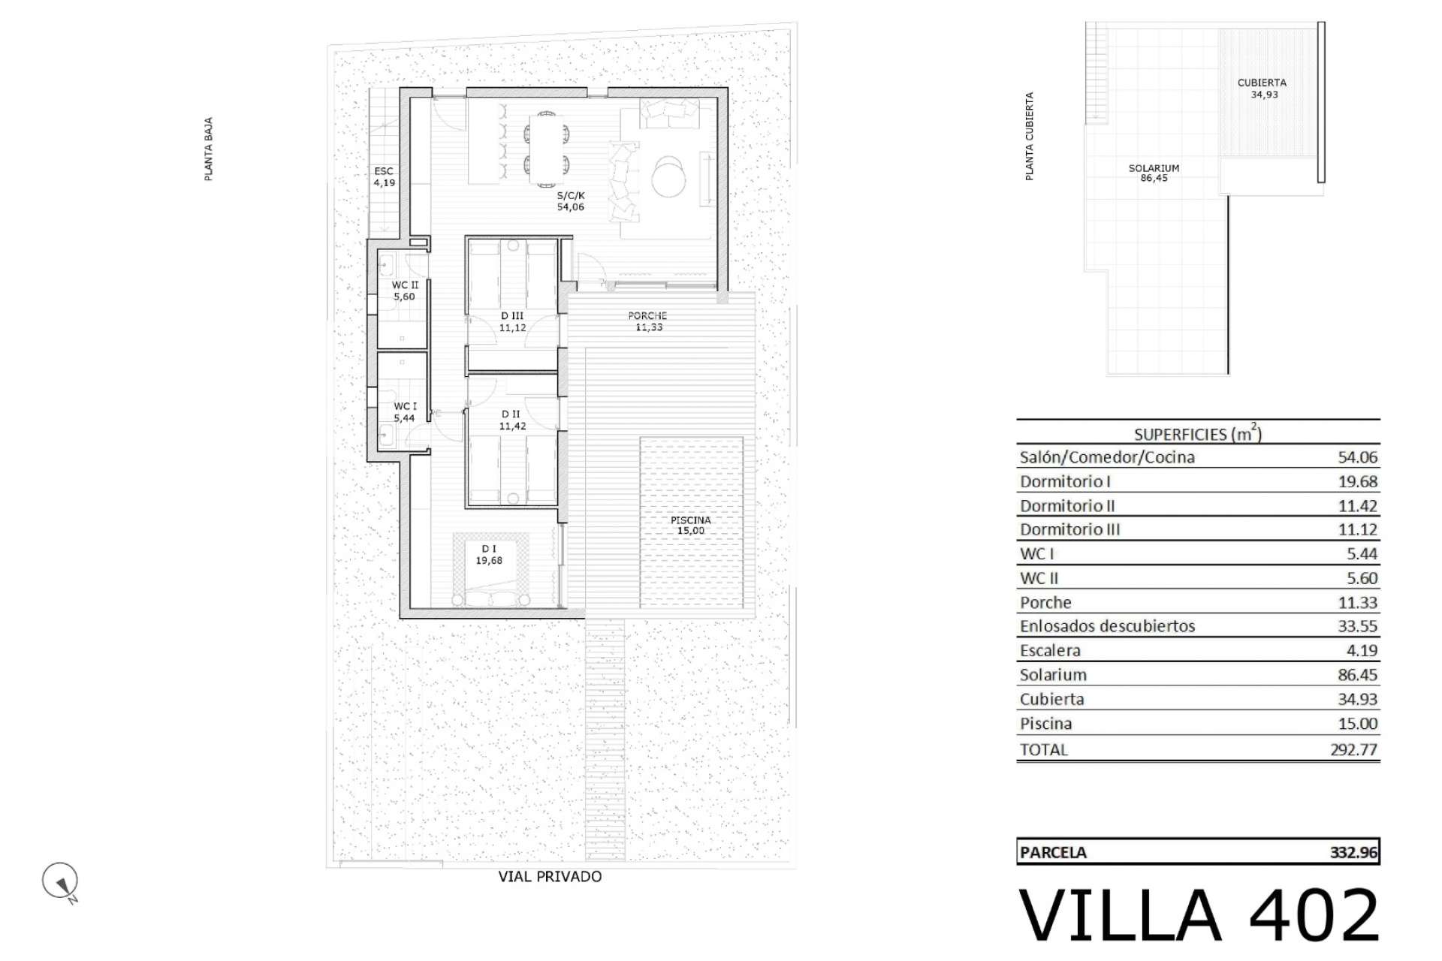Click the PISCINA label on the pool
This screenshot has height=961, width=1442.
[x=691, y=520]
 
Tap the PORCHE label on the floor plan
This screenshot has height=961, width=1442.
[x=647, y=316]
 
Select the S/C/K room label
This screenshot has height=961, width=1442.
[x=570, y=195]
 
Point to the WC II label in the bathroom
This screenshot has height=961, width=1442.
[x=405, y=285]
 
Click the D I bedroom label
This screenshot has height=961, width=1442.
[x=489, y=549]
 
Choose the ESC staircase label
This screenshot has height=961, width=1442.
[x=384, y=171]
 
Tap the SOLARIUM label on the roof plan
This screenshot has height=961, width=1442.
[x=1154, y=168]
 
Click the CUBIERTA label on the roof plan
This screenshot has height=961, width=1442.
[x=1262, y=83]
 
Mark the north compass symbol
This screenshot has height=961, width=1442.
[x=61, y=881]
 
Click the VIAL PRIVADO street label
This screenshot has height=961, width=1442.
[x=550, y=876]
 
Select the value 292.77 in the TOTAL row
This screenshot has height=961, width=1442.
[x=1353, y=749]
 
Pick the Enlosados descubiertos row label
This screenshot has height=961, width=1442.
[x=1107, y=626]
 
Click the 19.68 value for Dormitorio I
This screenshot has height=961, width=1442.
[x=1357, y=481]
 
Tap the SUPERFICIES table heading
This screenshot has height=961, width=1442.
[x=1198, y=433]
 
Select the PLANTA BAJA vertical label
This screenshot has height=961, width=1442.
[x=209, y=149]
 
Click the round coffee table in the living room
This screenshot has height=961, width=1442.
[x=668, y=175]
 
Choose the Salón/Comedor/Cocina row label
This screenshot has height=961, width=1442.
[x=1107, y=457]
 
